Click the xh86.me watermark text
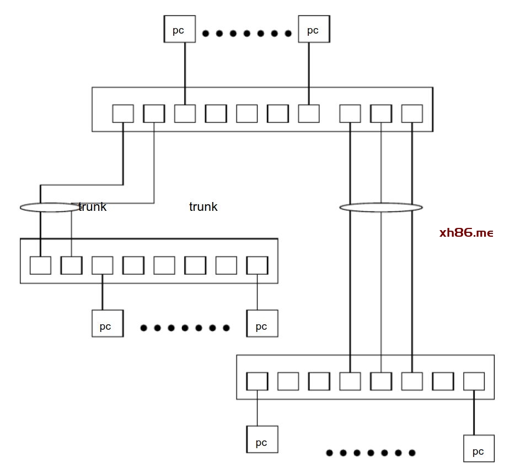(x=466, y=233)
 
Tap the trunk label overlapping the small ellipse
(x=93, y=207)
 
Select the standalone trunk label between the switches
(x=203, y=207)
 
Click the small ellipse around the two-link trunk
(x=50, y=208)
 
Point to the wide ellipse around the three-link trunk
(x=381, y=208)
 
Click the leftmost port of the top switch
(x=123, y=113)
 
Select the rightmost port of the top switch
(x=412, y=113)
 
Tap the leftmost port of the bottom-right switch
(x=257, y=381)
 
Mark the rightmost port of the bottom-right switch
(x=474, y=381)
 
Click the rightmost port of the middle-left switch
(x=257, y=265)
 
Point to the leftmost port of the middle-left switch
(x=40, y=265)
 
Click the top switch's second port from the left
(x=154, y=113)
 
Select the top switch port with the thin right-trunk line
(x=381, y=113)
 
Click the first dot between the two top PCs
(x=206, y=34)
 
